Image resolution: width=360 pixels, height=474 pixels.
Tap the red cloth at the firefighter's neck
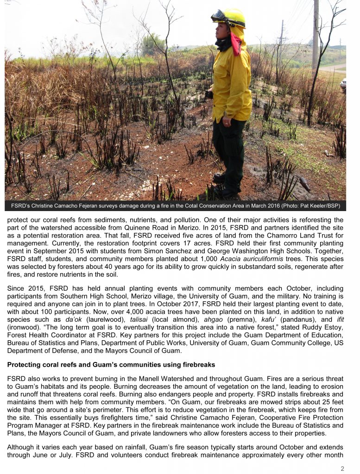coord(236,44)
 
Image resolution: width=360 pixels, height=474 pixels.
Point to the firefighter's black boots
coord(227,185)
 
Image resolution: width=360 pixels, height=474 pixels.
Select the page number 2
coord(342,468)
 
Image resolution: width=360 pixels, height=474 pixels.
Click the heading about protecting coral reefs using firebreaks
coord(111,365)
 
